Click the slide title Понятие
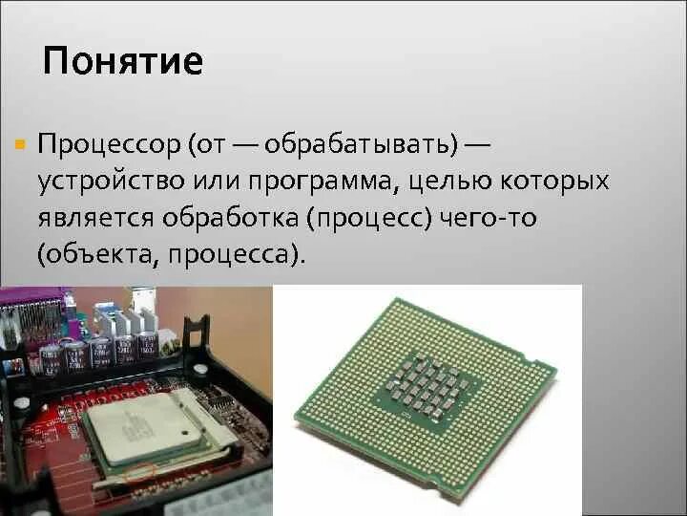[x=122, y=62]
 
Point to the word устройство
[x=102, y=182]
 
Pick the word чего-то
[x=489, y=219]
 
